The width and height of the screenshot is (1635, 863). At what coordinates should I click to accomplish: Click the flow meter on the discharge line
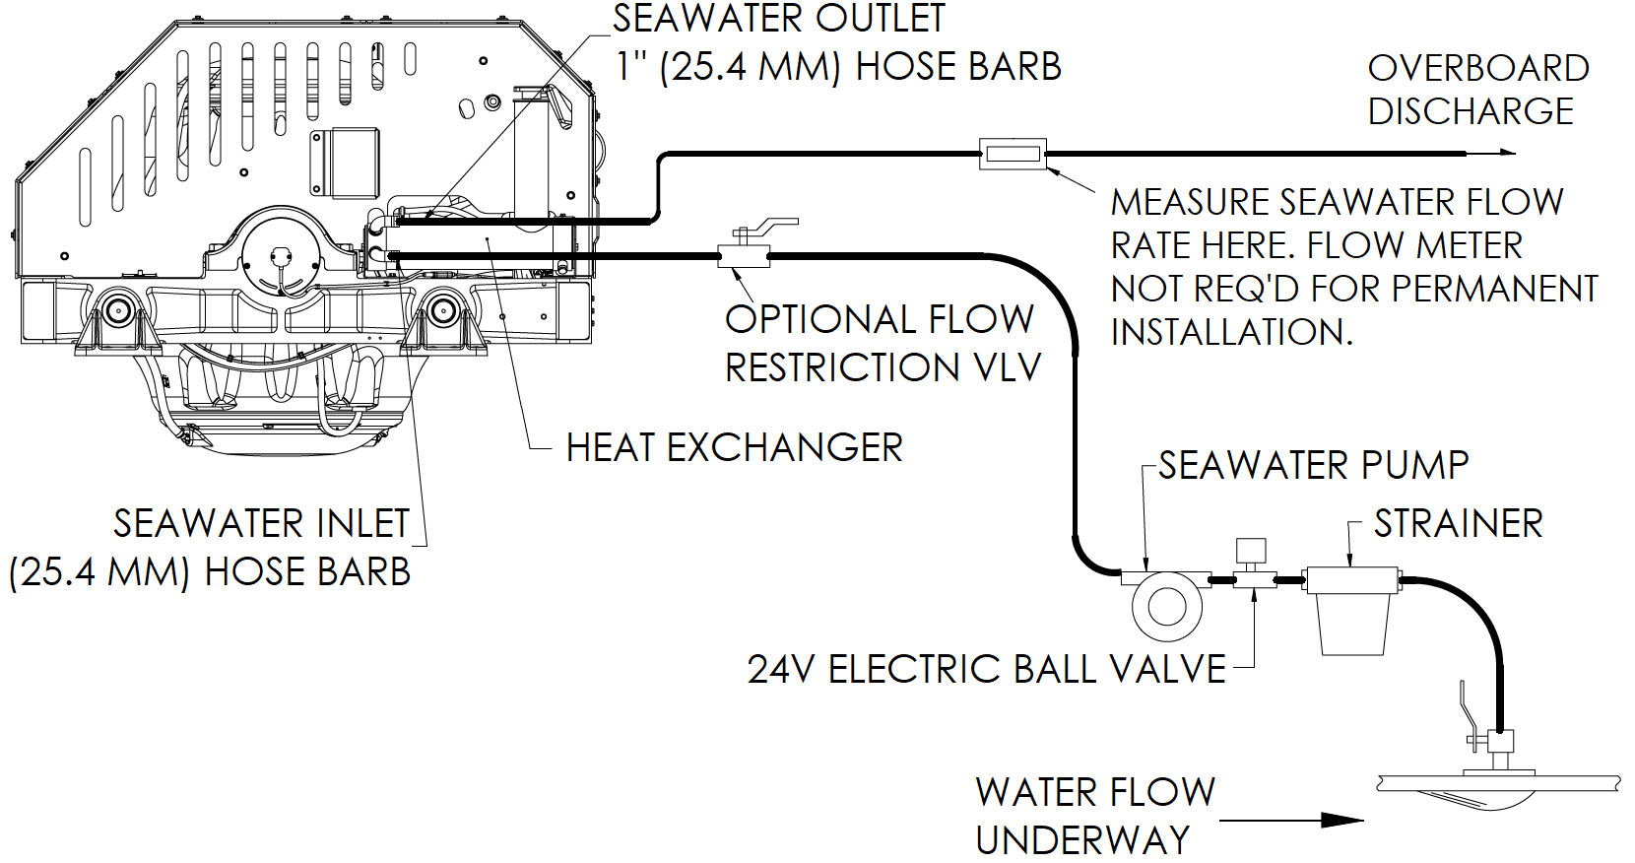click(1013, 154)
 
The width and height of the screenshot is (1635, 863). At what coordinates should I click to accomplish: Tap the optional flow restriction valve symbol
click(744, 256)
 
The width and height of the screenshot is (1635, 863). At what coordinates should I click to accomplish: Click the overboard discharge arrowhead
click(1505, 153)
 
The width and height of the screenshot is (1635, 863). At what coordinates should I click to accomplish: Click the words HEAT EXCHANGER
click(734, 448)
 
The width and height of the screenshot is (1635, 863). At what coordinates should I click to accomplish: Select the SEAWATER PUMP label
click(1313, 465)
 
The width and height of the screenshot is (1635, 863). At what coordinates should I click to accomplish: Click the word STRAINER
click(1458, 524)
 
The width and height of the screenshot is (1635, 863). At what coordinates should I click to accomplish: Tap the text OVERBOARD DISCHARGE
click(1477, 90)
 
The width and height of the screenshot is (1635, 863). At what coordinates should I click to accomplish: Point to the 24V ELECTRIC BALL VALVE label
click(986, 670)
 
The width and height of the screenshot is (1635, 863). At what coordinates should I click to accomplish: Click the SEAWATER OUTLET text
click(778, 19)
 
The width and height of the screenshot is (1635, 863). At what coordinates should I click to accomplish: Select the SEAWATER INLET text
click(261, 524)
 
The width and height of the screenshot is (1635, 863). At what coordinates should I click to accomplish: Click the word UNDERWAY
click(1082, 841)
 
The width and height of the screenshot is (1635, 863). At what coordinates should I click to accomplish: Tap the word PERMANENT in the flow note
click(1494, 289)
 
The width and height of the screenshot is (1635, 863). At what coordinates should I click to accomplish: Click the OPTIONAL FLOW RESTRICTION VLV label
click(882, 343)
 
